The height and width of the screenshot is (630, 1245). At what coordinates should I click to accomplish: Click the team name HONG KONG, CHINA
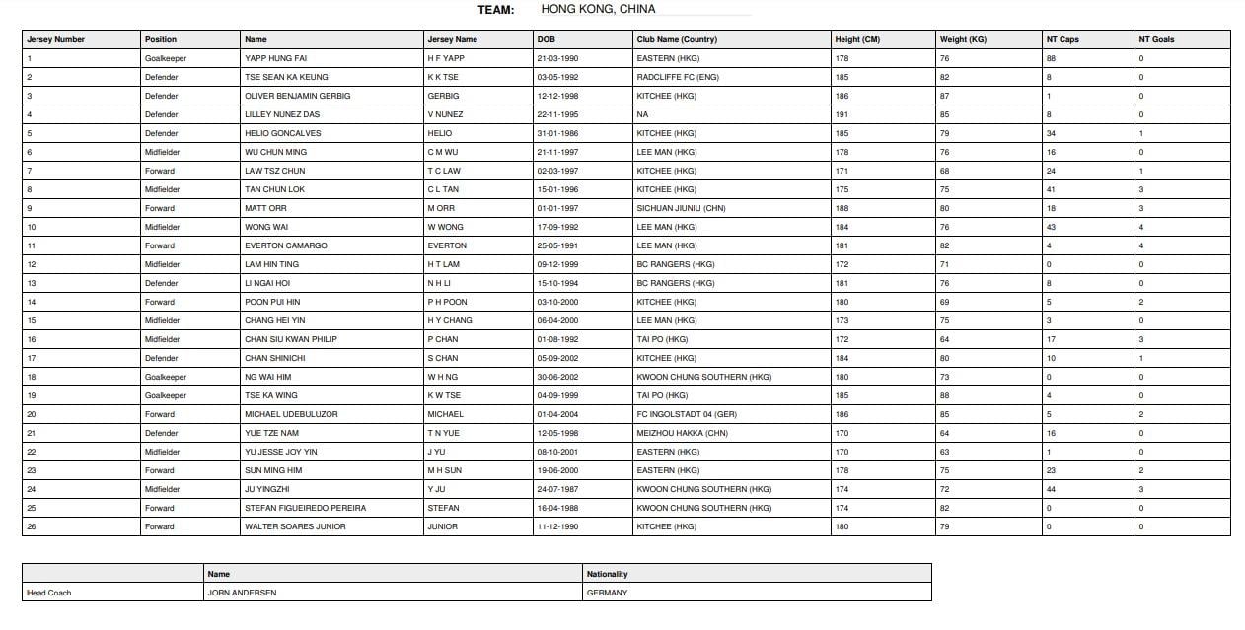598,9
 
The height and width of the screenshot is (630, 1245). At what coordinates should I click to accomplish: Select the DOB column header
546,39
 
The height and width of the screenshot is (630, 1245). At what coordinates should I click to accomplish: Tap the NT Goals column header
1156,39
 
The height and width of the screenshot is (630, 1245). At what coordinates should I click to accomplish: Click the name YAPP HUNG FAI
275,58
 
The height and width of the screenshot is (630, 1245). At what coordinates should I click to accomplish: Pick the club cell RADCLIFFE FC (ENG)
675,77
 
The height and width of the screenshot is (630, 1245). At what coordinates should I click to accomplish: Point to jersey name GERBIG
443,96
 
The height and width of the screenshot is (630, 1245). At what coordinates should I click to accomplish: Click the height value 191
842,114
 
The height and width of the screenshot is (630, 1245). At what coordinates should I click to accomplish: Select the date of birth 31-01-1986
557,133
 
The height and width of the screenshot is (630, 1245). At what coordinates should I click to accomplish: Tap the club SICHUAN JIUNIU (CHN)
681,208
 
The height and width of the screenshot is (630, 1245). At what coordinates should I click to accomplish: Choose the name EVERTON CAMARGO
285,245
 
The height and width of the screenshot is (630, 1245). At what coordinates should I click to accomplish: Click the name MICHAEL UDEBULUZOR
291,414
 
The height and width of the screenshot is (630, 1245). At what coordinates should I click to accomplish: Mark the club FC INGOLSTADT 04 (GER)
687,414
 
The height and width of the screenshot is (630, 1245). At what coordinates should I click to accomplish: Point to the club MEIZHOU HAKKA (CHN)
680,433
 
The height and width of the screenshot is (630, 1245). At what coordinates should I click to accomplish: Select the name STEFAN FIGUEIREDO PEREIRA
305,508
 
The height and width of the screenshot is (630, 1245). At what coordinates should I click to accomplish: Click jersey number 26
32,526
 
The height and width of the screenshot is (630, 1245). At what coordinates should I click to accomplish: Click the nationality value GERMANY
607,593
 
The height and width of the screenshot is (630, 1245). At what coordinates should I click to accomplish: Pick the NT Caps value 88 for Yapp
1052,58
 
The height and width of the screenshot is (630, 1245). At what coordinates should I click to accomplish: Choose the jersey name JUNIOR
442,526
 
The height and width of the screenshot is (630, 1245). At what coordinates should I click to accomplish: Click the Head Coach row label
49,593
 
